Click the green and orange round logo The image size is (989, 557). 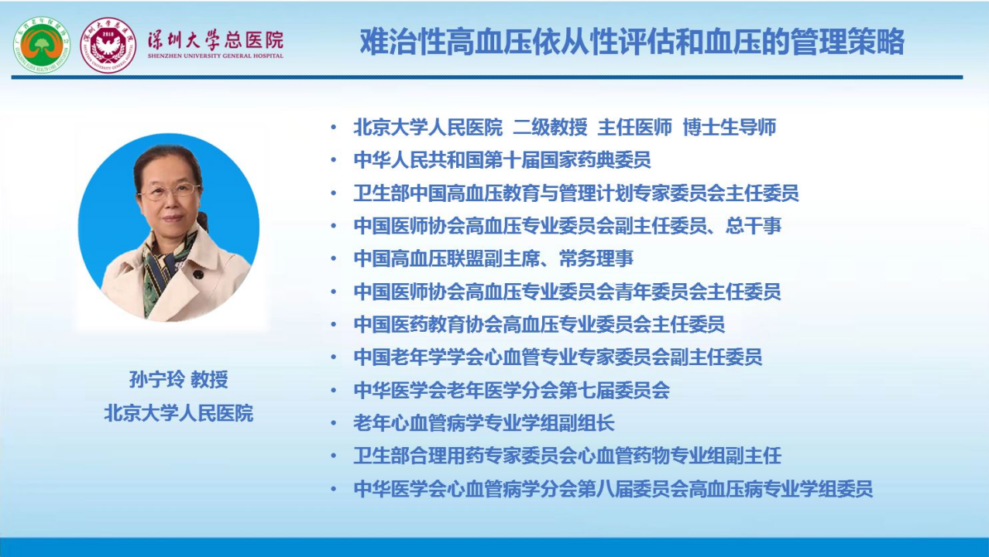42,45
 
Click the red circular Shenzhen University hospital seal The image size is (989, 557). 108,45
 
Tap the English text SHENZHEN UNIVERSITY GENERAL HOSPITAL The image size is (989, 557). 215,56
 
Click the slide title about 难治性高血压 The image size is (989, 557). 632,42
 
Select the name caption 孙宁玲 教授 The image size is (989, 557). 179,379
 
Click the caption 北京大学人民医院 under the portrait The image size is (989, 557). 179,413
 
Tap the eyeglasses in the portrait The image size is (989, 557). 169,191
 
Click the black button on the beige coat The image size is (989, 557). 198,275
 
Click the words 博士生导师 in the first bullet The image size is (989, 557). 730,128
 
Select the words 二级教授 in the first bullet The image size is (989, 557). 550,128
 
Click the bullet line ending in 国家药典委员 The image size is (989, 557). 502,160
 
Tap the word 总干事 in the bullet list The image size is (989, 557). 754,226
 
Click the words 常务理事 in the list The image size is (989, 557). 596,258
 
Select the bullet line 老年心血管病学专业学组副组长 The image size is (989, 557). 484,423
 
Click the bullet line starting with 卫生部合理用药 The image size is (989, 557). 568,456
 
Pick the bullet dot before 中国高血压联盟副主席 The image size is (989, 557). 334,259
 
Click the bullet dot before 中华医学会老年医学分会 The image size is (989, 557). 334,391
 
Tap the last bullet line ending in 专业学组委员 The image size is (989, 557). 613,489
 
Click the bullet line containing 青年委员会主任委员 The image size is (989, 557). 568,292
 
